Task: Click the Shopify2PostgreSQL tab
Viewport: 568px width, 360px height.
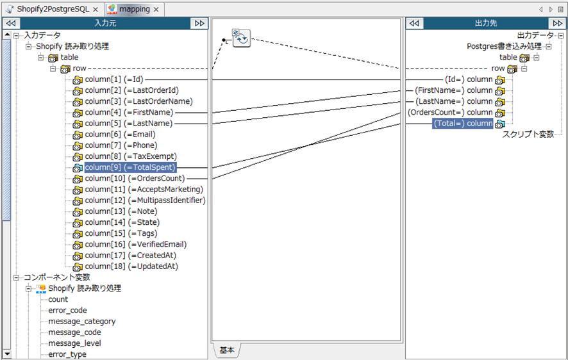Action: (53, 10)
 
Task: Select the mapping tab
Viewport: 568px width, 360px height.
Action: (134, 10)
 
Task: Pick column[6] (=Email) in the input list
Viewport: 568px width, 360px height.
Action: (120, 135)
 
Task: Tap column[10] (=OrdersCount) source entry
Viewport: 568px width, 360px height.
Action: (135, 179)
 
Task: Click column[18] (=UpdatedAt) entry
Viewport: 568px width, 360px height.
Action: (131, 266)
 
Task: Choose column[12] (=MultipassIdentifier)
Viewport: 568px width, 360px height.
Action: (145, 200)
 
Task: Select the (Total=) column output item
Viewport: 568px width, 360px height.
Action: (463, 124)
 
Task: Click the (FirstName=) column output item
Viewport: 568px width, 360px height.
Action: (454, 90)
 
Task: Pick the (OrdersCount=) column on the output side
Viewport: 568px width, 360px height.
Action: (450, 113)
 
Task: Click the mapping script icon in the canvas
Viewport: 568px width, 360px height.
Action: (241, 38)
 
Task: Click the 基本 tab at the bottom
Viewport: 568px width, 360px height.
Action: (227, 350)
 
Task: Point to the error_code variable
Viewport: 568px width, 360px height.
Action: (67, 311)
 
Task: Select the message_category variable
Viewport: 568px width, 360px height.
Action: (82, 322)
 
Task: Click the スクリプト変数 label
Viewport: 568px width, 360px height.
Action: (528, 135)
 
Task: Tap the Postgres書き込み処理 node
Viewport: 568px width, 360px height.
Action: (504, 46)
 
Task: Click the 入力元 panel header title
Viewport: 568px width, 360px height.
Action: (105, 23)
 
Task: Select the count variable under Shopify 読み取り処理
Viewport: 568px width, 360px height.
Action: (58, 300)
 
